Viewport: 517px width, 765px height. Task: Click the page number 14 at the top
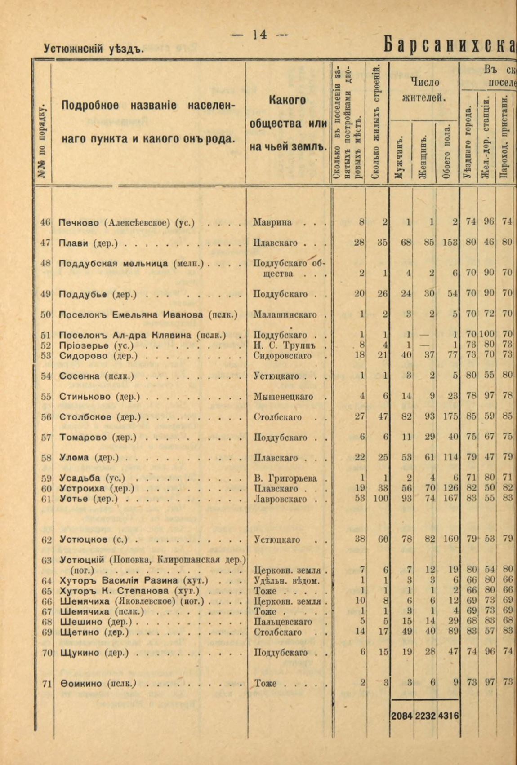click(x=260, y=35)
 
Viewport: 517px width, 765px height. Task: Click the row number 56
click(x=46, y=417)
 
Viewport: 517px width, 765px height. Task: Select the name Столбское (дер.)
click(x=100, y=417)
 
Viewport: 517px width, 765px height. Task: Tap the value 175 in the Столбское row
click(x=450, y=417)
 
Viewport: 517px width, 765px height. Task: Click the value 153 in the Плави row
click(x=450, y=243)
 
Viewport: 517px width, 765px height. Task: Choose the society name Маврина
click(x=272, y=222)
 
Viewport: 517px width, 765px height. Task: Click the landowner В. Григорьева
click(x=285, y=478)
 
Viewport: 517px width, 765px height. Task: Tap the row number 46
click(x=46, y=222)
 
